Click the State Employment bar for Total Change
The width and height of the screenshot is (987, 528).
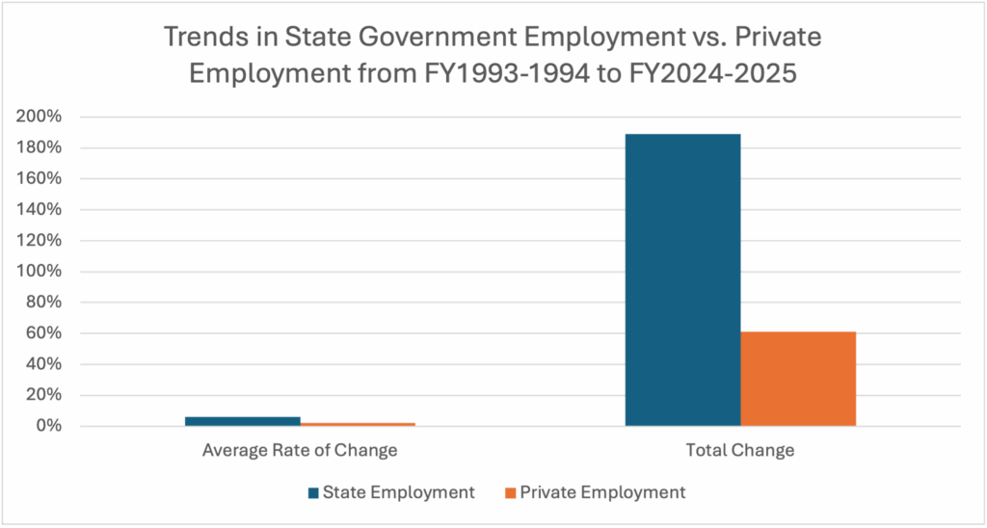pos(682,279)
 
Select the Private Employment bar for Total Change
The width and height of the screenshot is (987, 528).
pos(798,379)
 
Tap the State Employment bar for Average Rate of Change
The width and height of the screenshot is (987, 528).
pos(242,421)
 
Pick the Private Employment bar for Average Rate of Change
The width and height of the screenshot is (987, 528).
pos(357,424)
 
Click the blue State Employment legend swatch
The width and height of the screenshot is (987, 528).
pos(313,493)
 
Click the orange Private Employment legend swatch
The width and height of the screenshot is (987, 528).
pos(510,493)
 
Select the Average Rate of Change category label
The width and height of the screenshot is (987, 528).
pos(300,450)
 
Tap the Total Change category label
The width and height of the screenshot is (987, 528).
pos(740,450)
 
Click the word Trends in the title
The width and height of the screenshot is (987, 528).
pos(204,40)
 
